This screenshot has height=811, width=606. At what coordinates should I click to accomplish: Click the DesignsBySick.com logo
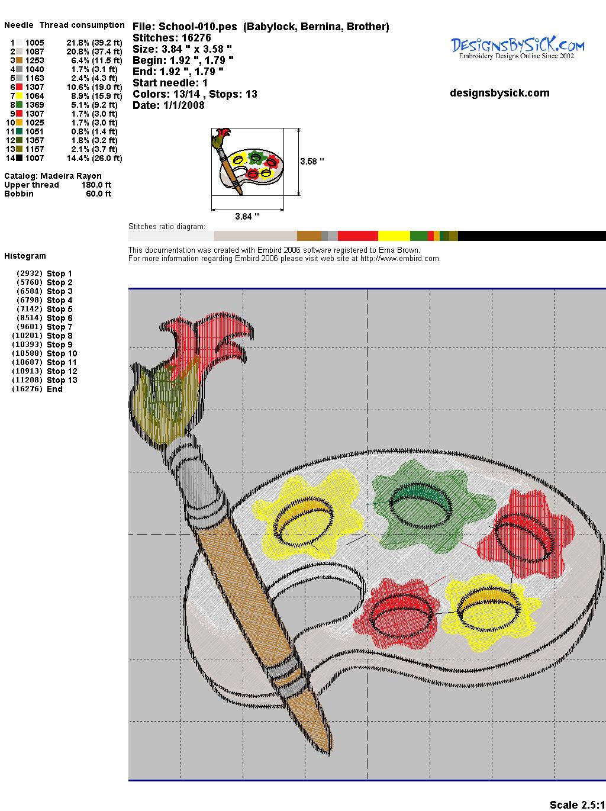coord(517,47)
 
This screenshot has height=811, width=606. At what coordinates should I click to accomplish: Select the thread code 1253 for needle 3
coord(35,60)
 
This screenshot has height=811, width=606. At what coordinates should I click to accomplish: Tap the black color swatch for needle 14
coord(19,158)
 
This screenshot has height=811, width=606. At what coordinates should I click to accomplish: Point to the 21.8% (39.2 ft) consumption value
coord(94,43)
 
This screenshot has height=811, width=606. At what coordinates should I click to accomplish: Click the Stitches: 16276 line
coord(172,38)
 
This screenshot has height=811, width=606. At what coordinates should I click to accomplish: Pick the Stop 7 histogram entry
coord(44,327)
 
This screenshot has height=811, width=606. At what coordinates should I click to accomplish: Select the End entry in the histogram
coord(37,389)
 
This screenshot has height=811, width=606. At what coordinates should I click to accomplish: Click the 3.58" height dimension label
coord(312,162)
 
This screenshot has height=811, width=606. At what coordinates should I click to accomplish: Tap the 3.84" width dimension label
coord(247,216)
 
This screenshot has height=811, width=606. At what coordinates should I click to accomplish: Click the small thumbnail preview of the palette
coord(247,162)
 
